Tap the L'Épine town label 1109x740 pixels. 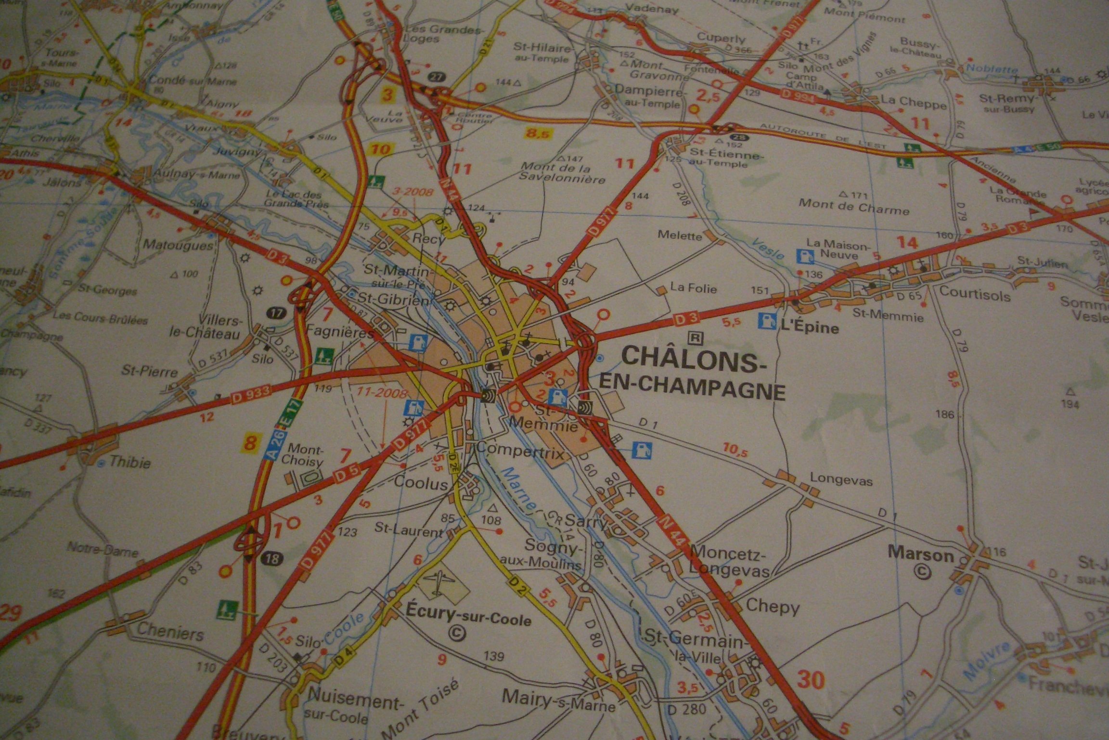point(809,329)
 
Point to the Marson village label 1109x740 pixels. point(921,555)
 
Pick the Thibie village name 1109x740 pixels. point(130,462)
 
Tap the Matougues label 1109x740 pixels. point(178,244)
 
